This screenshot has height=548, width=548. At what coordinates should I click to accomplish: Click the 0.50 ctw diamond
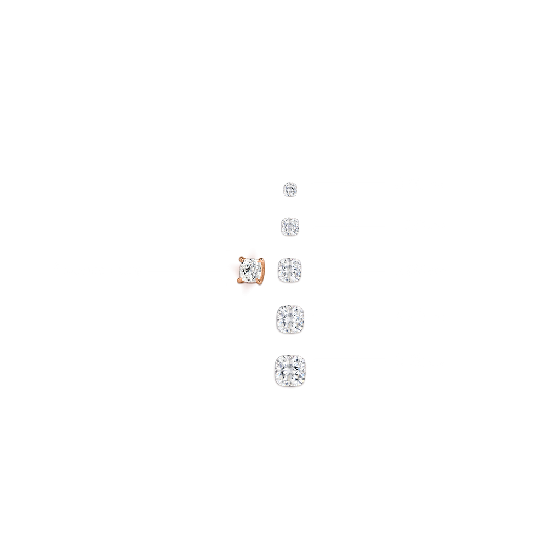coord(290,189)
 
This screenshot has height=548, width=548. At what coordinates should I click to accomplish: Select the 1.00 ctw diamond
coord(290,226)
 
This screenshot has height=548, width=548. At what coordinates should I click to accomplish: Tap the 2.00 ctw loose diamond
coord(290,270)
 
